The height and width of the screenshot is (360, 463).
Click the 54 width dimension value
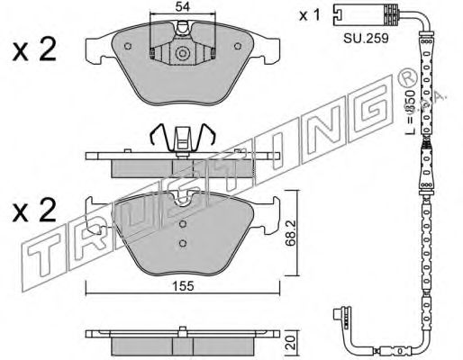click(x=183, y=6)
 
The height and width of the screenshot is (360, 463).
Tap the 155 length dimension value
click(x=183, y=286)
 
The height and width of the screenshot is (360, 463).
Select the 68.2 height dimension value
click(x=291, y=233)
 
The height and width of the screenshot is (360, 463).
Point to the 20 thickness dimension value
click(x=291, y=342)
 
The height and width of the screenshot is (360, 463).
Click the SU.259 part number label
click(x=366, y=38)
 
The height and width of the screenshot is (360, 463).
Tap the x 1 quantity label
click(x=310, y=15)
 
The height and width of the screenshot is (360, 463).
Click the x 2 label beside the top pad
click(x=34, y=50)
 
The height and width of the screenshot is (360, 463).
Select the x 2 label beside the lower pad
click(x=34, y=211)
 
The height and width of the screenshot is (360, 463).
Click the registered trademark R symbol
click(x=407, y=78)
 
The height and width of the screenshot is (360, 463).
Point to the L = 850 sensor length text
click(x=410, y=112)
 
